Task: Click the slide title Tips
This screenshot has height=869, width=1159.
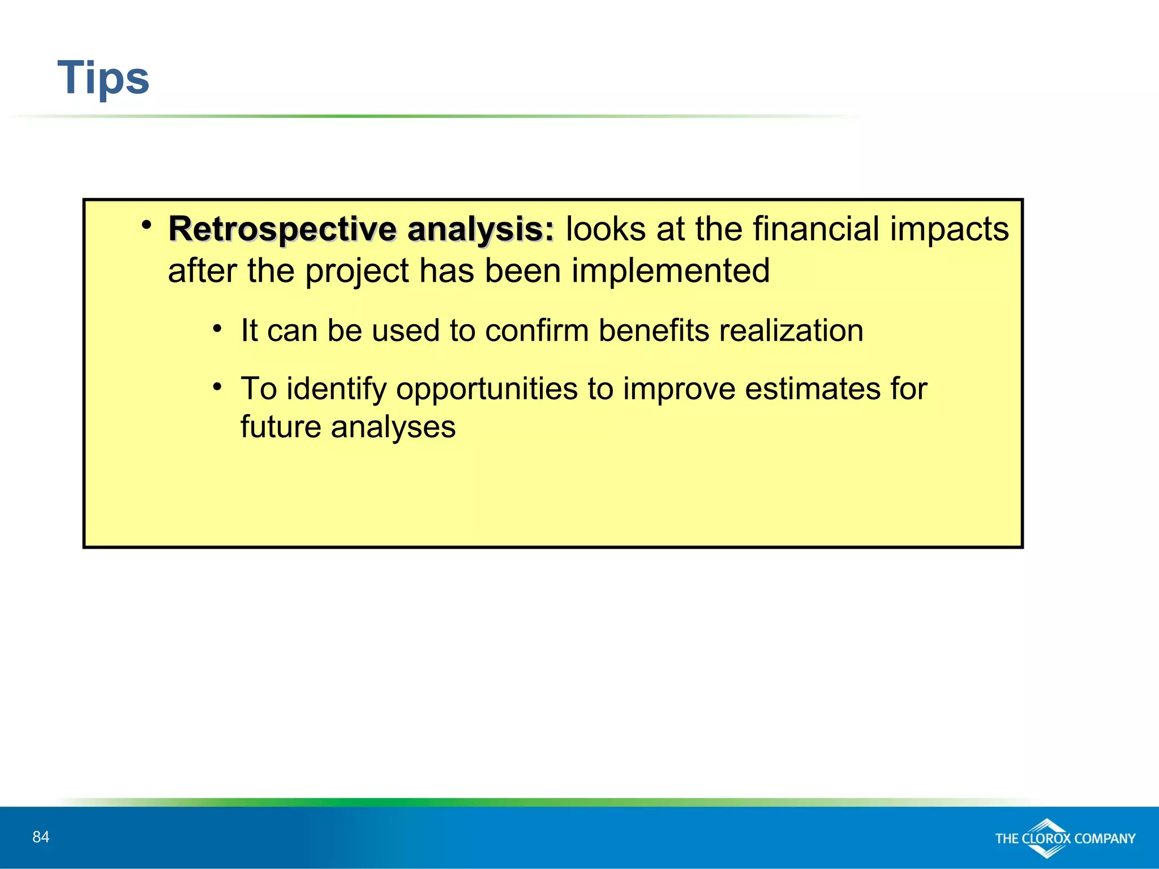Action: click(x=104, y=78)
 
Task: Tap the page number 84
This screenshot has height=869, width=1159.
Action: click(x=41, y=837)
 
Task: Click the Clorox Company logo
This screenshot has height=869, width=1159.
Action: click(x=1064, y=838)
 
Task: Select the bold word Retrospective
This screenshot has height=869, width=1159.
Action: click(x=282, y=230)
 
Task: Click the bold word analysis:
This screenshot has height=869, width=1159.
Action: click(x=480, y=230)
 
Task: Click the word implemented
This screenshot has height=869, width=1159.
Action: click(x=670, y=270)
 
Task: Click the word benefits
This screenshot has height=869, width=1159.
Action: click(x=653, y=330)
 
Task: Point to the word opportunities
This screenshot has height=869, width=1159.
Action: click(x=487, y=390)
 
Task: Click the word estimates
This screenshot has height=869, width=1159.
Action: click(x=812, y=389)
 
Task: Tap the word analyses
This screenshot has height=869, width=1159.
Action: click(x=393, y=427)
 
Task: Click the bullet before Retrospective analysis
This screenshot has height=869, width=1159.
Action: click(x=147, y=225)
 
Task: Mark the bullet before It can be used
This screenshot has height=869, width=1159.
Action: click(x=217, y=328)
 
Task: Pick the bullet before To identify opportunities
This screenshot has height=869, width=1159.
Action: click(x=217, y=387)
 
